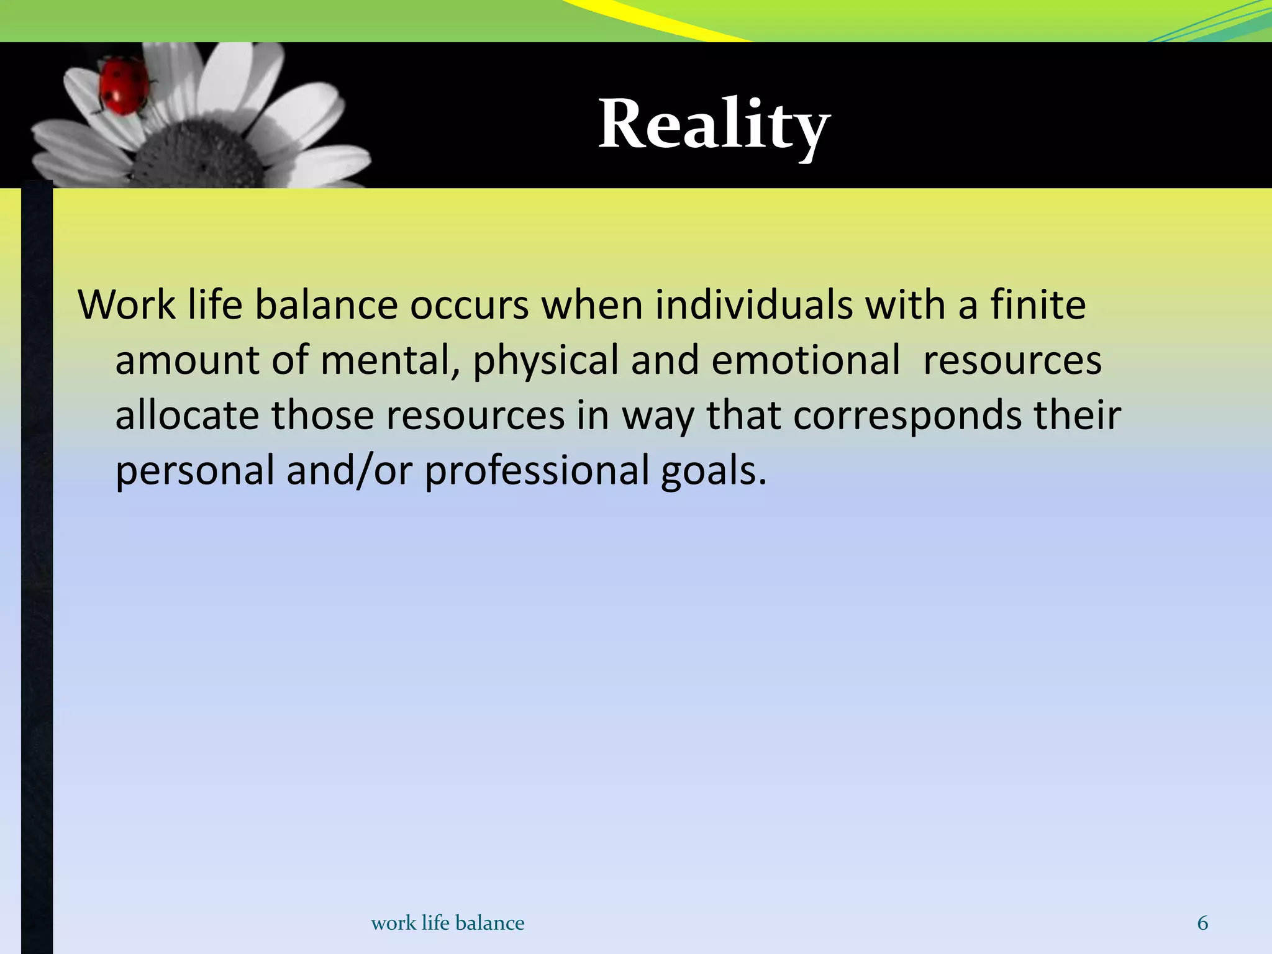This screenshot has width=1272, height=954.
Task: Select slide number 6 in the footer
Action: (1202, 923)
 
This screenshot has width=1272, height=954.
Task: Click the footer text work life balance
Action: (447, 923)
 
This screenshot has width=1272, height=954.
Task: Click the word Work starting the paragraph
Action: (127, 305)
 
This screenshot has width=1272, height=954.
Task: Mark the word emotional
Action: (805, 360)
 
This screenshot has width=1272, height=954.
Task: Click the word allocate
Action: (187, 415)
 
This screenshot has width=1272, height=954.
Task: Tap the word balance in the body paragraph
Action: (326, 305)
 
